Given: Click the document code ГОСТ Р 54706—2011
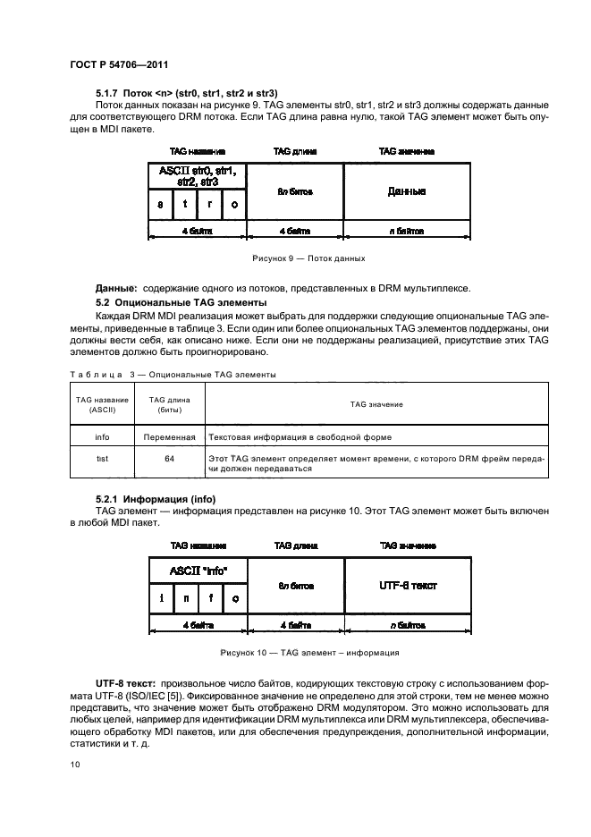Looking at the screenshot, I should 119,64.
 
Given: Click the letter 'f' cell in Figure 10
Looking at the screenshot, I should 210,598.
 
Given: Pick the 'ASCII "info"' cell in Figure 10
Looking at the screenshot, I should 198,570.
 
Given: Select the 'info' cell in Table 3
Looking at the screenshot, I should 101,437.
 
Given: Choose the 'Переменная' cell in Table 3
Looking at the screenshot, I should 170,437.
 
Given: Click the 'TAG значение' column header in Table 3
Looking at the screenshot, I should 376,404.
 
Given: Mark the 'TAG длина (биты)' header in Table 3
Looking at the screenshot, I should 170,404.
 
